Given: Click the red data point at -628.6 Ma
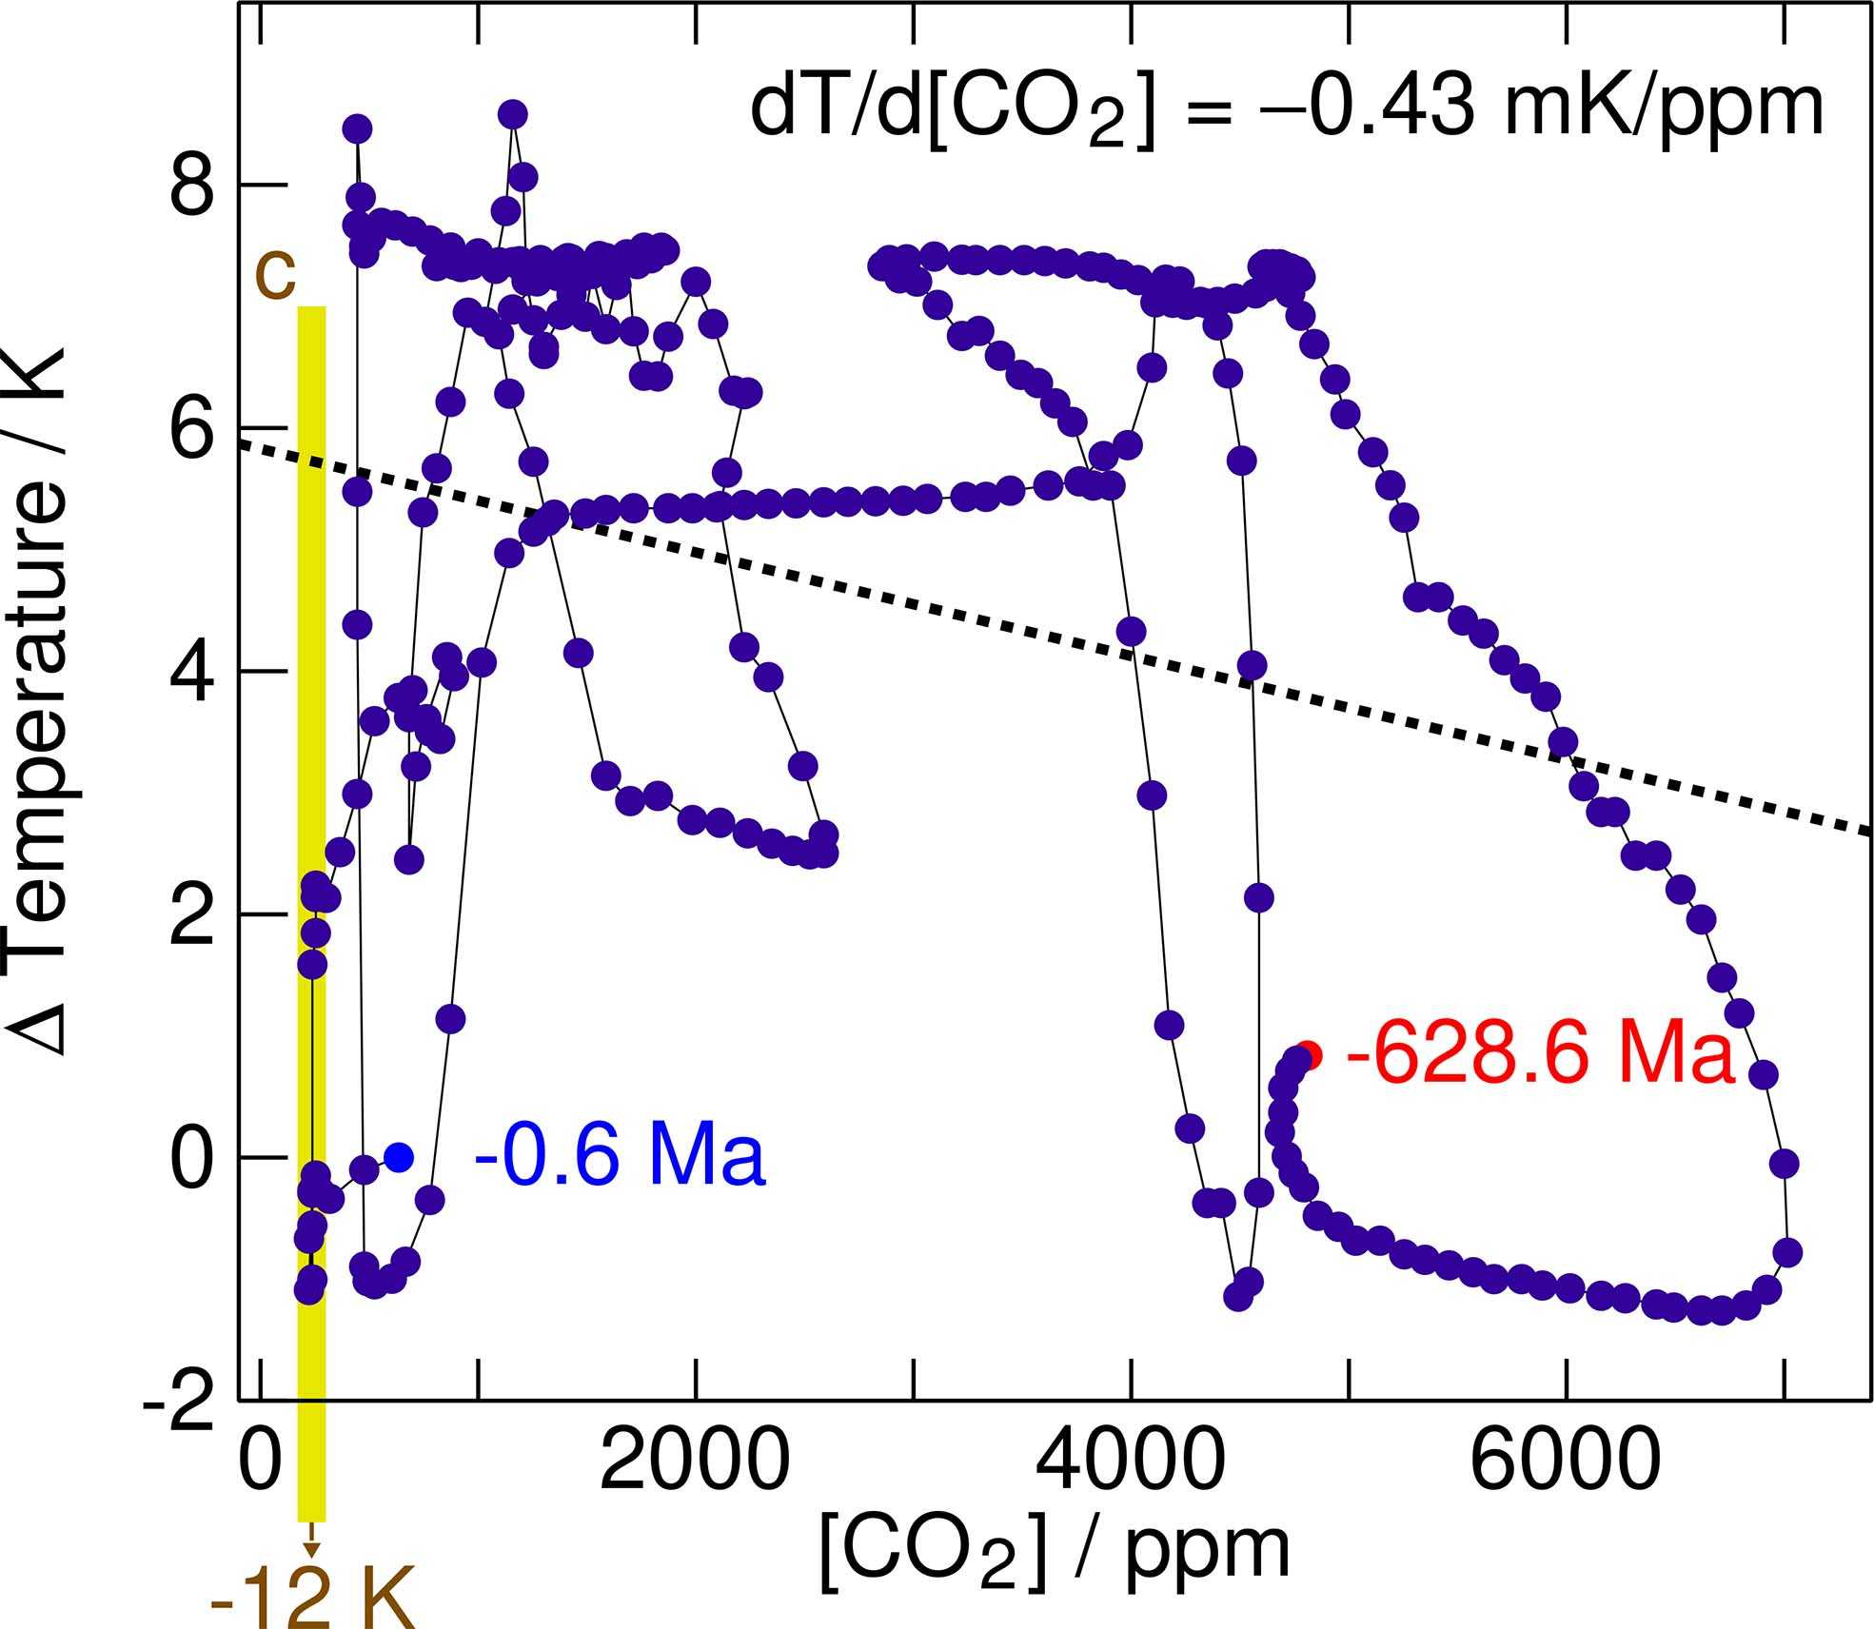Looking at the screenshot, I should click(1311, 1054).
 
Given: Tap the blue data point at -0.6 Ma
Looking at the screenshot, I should click(399, 1157).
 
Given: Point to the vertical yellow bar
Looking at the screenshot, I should click(312, 856).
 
